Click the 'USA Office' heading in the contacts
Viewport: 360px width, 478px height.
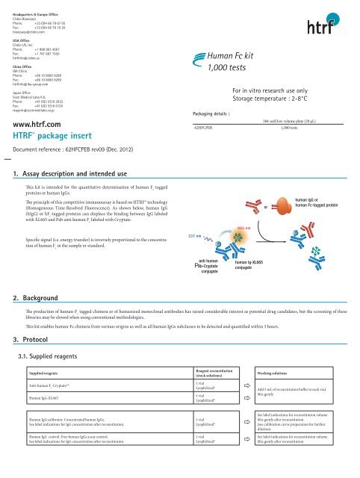[x=21, y=41]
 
